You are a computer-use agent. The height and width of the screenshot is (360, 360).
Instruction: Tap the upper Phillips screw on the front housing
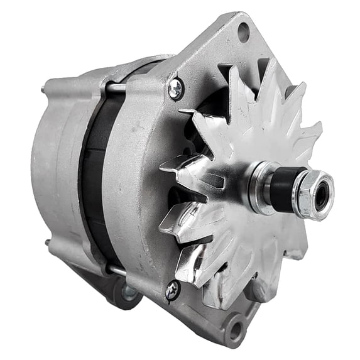click(x=175, y=89)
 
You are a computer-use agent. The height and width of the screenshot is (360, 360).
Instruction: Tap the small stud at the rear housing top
click(x=45, y=90)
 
